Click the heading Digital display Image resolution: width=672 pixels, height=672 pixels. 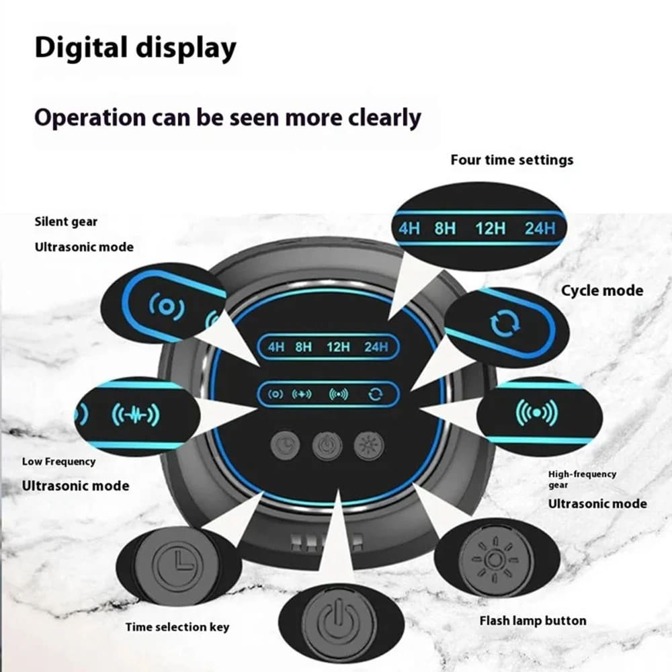[136, 48]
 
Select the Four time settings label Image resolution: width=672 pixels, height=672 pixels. [512, 160]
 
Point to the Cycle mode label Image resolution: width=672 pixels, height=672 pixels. [602, 291]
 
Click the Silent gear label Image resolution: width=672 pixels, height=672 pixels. [66, 222]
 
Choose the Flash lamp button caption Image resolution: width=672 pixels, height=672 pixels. [533, 620]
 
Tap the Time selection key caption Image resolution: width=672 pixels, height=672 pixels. [177, 627]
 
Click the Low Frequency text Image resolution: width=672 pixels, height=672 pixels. [58, 462]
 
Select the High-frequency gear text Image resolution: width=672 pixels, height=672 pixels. [582, 478]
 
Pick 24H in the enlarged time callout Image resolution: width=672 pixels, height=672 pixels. [540, 228]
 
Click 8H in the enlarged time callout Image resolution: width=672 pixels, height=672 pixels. [445, 228]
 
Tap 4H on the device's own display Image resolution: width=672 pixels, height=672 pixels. [276, 347]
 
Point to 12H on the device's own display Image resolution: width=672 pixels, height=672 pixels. [339, 347]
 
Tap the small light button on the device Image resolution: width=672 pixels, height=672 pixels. [368, 445]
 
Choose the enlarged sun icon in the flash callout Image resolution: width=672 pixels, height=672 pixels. [493, 558]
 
